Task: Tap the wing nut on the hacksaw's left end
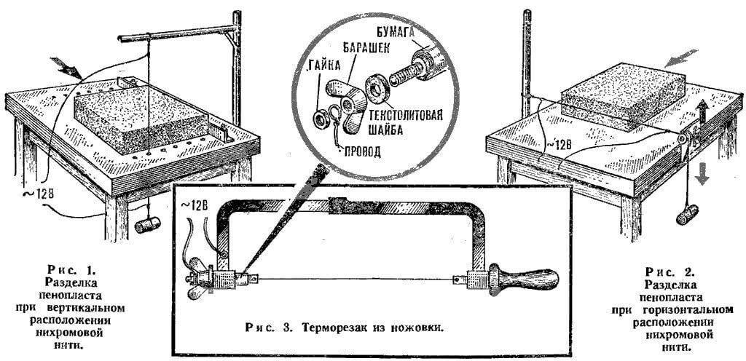(197, 280)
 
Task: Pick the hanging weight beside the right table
(687, 214)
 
